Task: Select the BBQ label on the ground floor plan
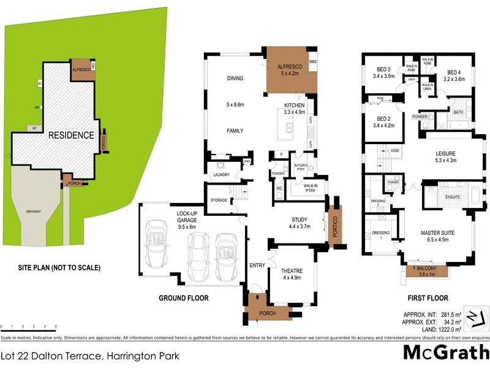coord(312,62)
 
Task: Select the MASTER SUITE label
coord(439,233)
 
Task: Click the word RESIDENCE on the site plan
coord(71,135)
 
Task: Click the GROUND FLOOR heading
coord(184,299)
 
